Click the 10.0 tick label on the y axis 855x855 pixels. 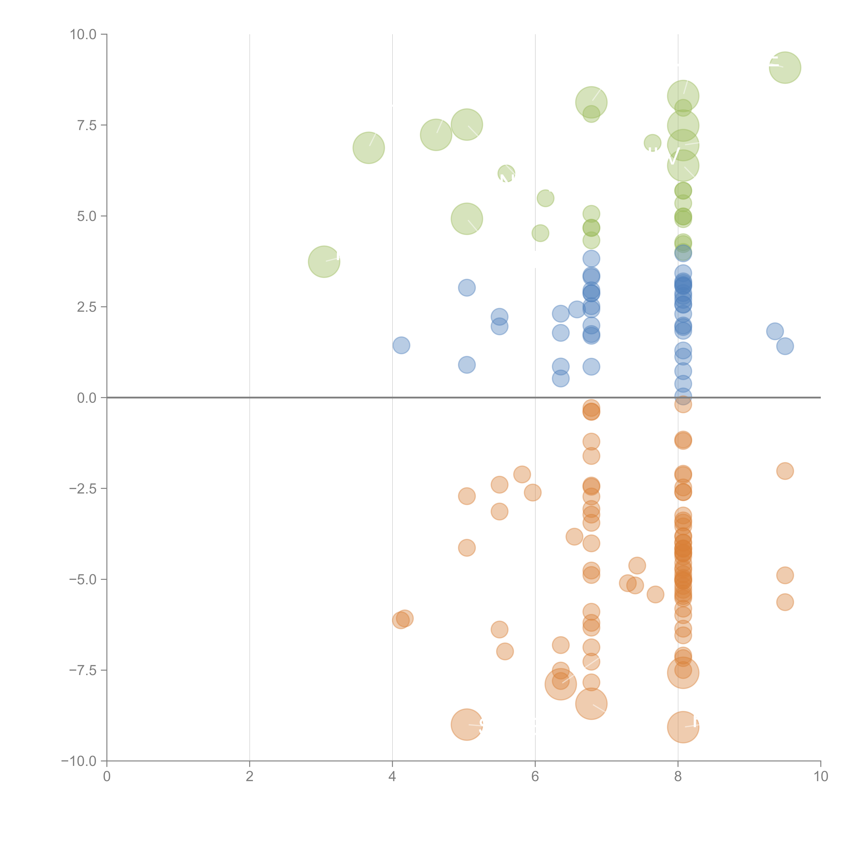pyautogui.click(x=83, y=35)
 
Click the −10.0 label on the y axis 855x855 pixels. pyautogui.click(x=79, y=761)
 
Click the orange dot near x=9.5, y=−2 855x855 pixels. pyautogui.click(x=785, y=471)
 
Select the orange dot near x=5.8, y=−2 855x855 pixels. pyautogui.click(x=522, y=474)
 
